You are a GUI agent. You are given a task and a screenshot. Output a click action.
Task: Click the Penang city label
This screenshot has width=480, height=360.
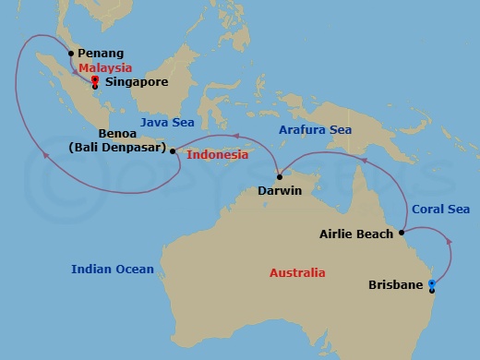point(102,54)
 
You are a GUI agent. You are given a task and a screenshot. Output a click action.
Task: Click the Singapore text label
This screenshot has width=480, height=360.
point(137,82)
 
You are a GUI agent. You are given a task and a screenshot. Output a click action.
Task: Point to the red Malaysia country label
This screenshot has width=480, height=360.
point(105,68)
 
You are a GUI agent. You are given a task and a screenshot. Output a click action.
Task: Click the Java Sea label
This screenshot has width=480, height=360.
point(164,120)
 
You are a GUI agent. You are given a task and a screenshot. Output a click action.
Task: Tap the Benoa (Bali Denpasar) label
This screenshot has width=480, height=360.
point(116,140)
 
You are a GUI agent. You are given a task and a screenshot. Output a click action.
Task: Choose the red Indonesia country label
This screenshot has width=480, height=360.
point(218,155)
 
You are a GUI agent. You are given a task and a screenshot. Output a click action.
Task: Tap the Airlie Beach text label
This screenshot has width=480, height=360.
point(355,234)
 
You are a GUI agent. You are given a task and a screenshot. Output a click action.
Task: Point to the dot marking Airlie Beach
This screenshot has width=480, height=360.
point(401,234)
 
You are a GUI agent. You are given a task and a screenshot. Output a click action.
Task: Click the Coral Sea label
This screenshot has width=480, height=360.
point(440,210)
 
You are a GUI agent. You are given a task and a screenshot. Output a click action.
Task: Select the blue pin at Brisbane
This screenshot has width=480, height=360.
point(432,285)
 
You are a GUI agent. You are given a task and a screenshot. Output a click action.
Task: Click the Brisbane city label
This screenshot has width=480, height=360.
point(397,285)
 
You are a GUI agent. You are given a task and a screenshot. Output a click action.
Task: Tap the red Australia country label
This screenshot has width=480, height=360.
point(297,273)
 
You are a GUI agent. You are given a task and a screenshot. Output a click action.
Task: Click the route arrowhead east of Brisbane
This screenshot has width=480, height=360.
point(450,242)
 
